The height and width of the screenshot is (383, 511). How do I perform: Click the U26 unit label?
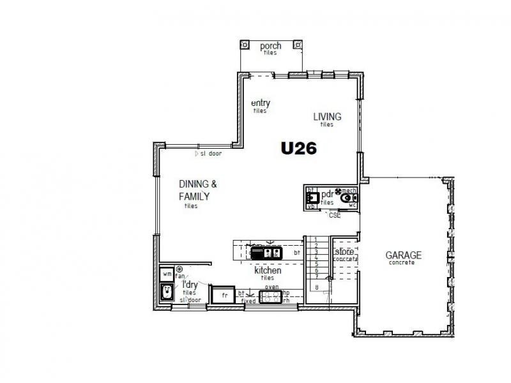pos(300,148)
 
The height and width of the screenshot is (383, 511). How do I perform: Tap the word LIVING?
pos(327,117)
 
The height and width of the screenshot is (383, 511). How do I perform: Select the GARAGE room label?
pos(404,255)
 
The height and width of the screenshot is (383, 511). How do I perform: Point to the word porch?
pos(270,47)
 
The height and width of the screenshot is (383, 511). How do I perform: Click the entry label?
pos(261,103)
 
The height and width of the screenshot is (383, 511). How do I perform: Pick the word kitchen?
pos(268,271)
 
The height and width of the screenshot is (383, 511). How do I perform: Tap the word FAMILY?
pos(194,197)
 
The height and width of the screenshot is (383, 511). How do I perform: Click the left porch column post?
pos(245,45)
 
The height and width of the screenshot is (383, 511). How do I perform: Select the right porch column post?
pos(296,45)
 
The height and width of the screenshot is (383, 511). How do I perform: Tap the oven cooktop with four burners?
pos(271,295)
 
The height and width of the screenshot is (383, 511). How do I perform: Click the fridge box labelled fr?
pos(224,296)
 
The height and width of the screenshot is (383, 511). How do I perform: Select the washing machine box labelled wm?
pos(167,274)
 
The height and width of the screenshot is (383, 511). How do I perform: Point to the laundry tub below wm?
pos(167,291)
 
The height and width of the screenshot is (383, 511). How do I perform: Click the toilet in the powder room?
pos(349,199)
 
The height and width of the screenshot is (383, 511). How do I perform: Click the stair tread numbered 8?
pos(317,287)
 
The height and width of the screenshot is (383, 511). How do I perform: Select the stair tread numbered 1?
pos(317,239)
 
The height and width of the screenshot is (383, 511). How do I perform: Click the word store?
pos(345,252)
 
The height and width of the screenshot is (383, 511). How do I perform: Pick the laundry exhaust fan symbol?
pos(179,270)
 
